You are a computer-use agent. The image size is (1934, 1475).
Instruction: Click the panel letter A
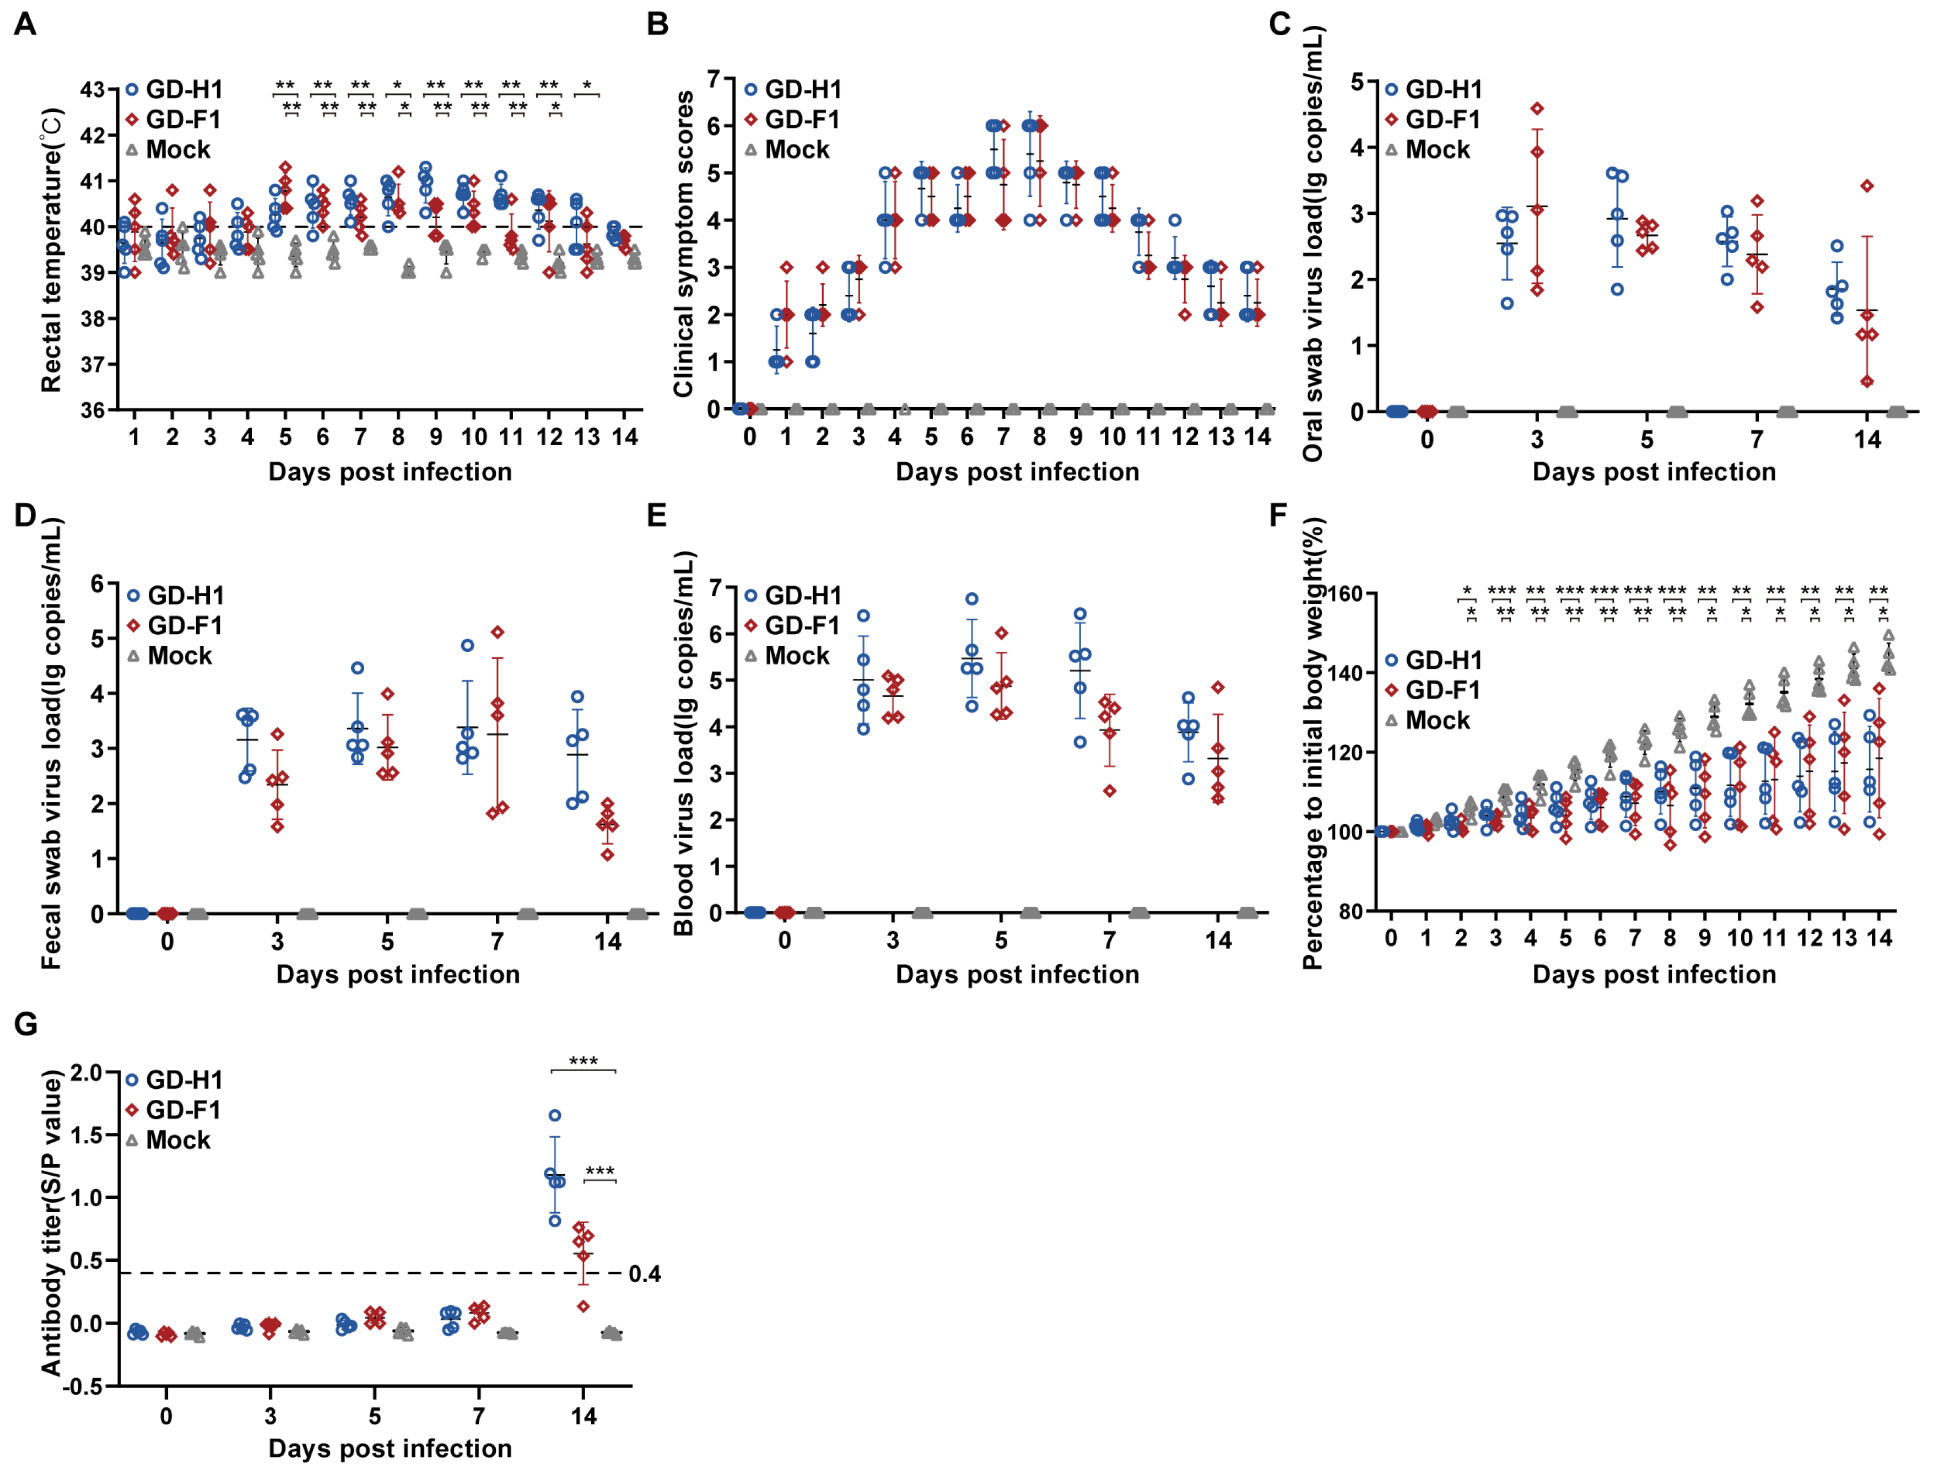[25, 24]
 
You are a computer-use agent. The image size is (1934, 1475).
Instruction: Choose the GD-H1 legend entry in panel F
[1434, 660]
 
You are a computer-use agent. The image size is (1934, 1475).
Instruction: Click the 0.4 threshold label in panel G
[644, 1274]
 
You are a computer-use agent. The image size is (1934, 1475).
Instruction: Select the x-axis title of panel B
[1018, 472]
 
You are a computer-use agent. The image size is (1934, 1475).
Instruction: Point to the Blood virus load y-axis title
[684, 743]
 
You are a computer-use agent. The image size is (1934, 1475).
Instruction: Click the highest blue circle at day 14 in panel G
[555, 1116]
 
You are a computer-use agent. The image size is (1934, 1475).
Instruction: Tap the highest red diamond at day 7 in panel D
[498, 632]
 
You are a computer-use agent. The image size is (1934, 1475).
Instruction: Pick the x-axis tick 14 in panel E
[1218, 941]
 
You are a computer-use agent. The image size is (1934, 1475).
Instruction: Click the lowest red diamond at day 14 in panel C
[1867, 382]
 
